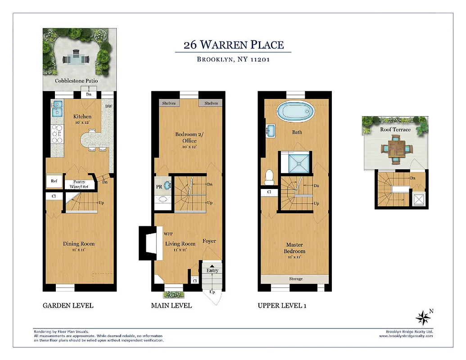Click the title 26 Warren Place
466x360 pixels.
coord(233,45)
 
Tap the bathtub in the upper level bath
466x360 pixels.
coord(295,111)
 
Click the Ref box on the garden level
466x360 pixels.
coord(54,181)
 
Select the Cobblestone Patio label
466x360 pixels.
coord(76,81)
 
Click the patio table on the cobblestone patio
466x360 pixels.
coord(76,58)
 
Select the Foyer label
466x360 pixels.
coord(209,241)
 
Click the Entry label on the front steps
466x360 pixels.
coord(212,270)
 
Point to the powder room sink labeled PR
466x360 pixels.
coord(167,185)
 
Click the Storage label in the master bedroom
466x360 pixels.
coord(295,279)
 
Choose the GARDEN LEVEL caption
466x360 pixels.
coord(68,306)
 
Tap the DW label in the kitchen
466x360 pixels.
coord(108,107)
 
